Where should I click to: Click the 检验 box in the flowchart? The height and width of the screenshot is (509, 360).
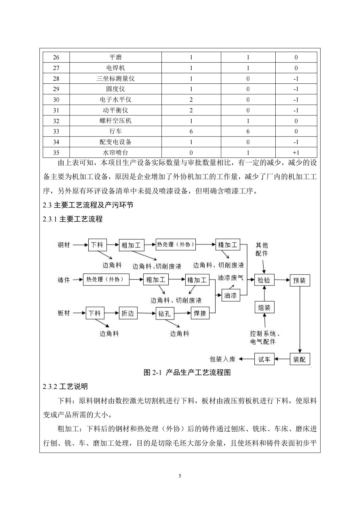pyautogui.click(x=264, y=280)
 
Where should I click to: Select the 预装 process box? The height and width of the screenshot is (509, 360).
pyautogui.click(x=299, y=280)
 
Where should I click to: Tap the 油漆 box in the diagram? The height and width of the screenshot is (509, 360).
pyautogui.click(x=230, y=295)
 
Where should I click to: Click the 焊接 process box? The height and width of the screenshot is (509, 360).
pyautogui.click(x=200, y=313)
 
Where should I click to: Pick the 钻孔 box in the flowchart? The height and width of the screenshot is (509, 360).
pyautogui.click(x=165, y=314)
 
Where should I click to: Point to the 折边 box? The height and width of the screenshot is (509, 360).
pyautogui.click(x=128, y=313)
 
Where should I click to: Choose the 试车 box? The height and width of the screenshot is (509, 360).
pyautogui.click(x=264, y=359)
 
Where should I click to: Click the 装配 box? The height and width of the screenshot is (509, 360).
pyautogui.click(x=299, y=360)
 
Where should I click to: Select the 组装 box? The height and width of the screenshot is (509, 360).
pyautogui.click(x=264, y=308)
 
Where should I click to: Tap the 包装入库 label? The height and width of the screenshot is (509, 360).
pyautogui.click(x=222, y=359)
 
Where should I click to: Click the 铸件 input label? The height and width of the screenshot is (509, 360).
pyautogui.click(x=64, y=280)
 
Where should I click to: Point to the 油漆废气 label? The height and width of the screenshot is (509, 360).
pyautogui.click(x=230, y=277)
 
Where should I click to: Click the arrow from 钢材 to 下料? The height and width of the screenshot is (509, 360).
pyautogui.click(x=80, y=245)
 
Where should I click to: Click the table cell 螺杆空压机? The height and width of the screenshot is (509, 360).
pyautogui.click(x=115, y=121)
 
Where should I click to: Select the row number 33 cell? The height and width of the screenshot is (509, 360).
pyautogui.click(x=56, y=131)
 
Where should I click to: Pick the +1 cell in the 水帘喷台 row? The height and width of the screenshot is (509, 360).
pyautogui.click(x=296, y=153)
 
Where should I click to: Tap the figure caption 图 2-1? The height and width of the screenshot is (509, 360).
pyautogui.click(x=187, y=373)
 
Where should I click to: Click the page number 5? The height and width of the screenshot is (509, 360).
pyautogui.click(x=180, y=476)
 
